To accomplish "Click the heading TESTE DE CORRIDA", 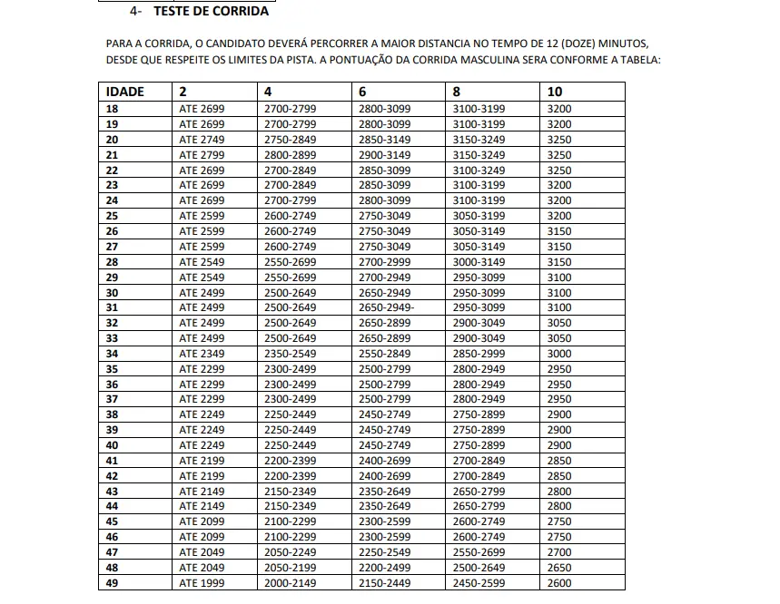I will click(211, 12).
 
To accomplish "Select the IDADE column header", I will click(124, 92).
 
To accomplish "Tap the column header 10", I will click(556, 92).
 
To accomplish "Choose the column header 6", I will click(362, 92).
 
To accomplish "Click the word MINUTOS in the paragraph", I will click(623, 44).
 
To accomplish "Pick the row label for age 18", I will click(113, 108).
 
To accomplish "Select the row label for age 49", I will click(113, 583).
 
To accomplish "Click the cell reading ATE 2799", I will click(202, 154).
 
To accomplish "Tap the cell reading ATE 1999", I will click(202, 583).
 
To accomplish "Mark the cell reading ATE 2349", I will click(202, 354).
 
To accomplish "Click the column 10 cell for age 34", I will click(560, 354).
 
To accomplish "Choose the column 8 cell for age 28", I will click(479, 261).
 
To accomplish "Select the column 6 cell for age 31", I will click(386, 307).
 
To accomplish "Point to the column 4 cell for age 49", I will click(290, 583).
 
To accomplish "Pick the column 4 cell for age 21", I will click(290, 154).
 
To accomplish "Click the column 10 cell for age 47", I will click(560, 552).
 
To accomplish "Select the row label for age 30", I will click(113, 292).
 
